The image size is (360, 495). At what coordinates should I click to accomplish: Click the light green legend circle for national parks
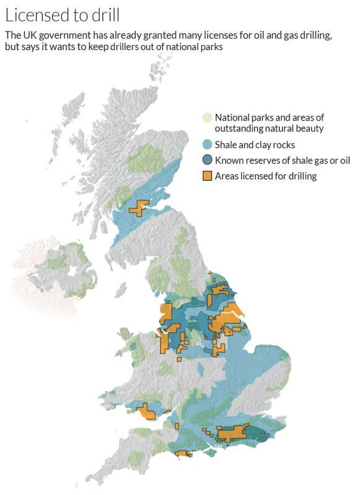(207, 118)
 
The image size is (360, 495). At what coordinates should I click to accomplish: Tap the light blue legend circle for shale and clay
(207, 145)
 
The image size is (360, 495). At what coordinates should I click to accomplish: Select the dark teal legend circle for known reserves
(207, 160)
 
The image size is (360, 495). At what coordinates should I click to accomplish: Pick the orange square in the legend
(207, 176)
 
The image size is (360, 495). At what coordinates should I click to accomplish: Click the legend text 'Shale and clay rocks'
(254, 145)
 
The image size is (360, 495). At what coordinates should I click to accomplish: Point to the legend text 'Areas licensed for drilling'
(265, 176)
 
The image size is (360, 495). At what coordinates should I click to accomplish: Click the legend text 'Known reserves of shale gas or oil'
(282, 160)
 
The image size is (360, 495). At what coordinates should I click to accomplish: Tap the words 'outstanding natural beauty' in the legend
(270, 128)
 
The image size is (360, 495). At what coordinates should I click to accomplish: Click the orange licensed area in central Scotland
(139, 209)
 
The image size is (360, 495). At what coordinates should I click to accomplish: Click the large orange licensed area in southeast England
(230, 434)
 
